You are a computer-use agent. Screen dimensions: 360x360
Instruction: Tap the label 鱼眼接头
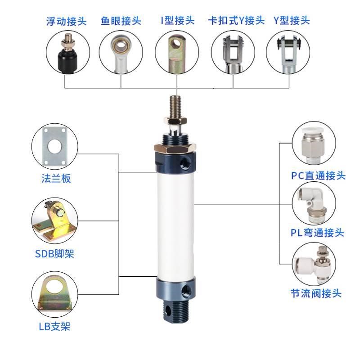tap(121, 21)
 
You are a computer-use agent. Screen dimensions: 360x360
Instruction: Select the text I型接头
tap(177, 20)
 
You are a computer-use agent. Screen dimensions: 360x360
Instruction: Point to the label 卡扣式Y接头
tap(236, 20)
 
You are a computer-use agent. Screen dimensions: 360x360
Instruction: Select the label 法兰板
tap(54, 179)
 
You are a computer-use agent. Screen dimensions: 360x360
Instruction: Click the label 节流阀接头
tap(315, 293)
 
